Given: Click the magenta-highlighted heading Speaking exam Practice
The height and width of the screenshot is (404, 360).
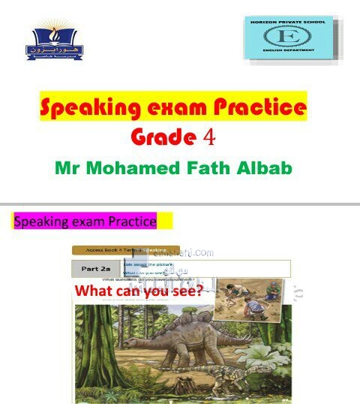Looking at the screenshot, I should [x=85, y=222].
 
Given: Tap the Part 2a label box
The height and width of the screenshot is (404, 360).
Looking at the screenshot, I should [x=96, y=268].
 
